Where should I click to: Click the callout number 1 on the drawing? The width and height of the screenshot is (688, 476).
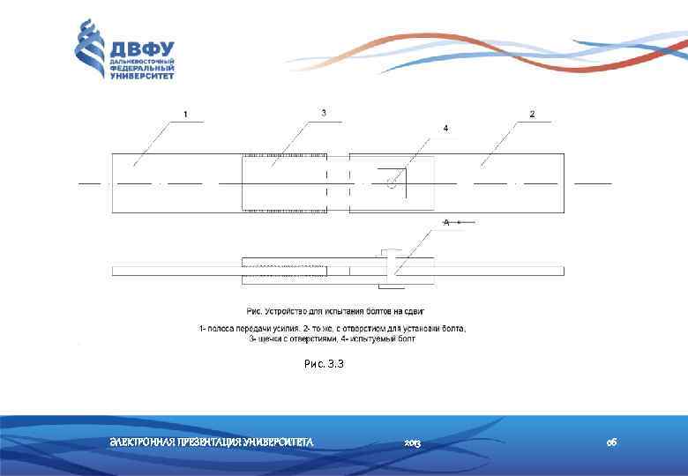(185, 115)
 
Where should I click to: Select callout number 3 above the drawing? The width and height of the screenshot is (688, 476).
(324, 113)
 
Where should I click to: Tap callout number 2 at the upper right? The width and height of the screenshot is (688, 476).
(532, 114)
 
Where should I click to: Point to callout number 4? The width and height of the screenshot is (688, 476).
(445, 129)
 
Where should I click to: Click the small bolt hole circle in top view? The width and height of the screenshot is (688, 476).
(391, 182)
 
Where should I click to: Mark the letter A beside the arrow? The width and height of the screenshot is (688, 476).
(447, 223)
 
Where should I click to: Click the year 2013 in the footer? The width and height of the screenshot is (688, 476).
(412, 441)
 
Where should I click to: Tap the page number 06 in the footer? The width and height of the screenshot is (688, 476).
(611, 441)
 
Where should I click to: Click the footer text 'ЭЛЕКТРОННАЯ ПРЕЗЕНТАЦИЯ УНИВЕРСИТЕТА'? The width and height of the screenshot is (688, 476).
(211, 441)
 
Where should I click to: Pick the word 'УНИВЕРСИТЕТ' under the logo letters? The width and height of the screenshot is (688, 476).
(142, 77)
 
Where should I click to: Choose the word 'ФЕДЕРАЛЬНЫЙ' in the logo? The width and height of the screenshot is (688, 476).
(142, 70)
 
